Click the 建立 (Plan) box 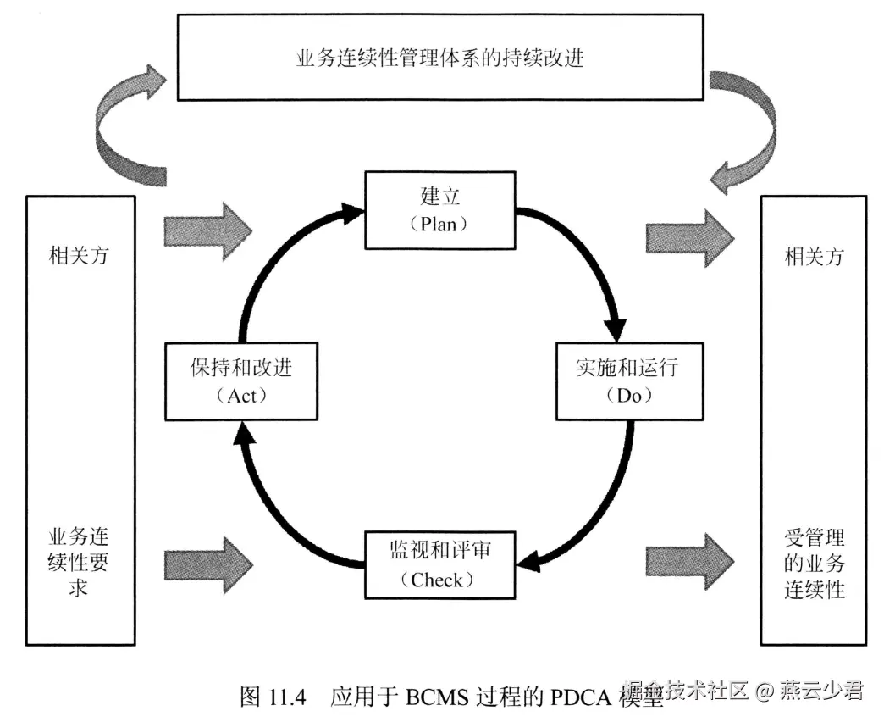coord(440,210)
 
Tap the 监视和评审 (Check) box coord(439,564)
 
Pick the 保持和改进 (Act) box coord(241,381)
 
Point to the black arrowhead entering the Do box coord(616,329)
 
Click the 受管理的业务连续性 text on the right coord(814,563)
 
